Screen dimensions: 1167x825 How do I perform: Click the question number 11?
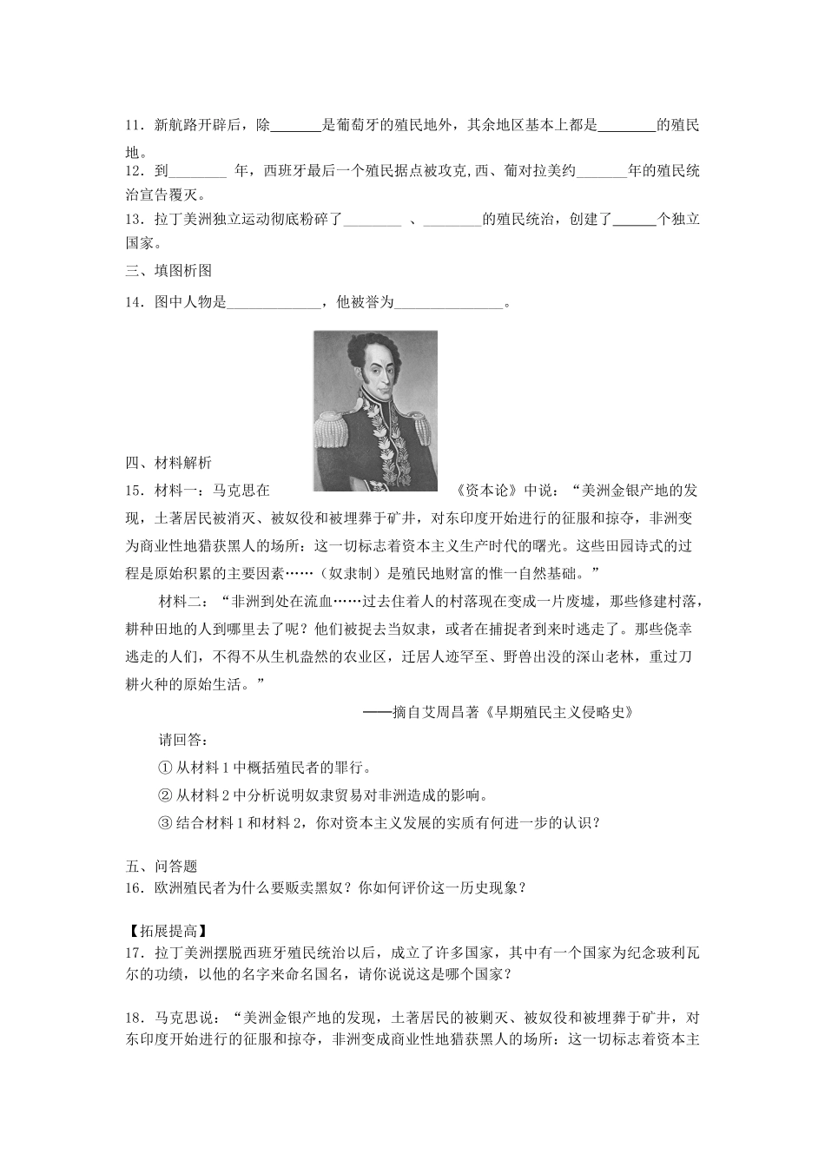(x=135, y=126)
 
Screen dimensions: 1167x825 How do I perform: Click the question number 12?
(x=135, y=172)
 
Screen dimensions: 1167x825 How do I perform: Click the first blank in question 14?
(x=274, y=303)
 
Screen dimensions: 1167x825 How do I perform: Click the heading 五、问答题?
(x=162, y=866)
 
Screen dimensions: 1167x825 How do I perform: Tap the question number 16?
(x=135, y=887)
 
